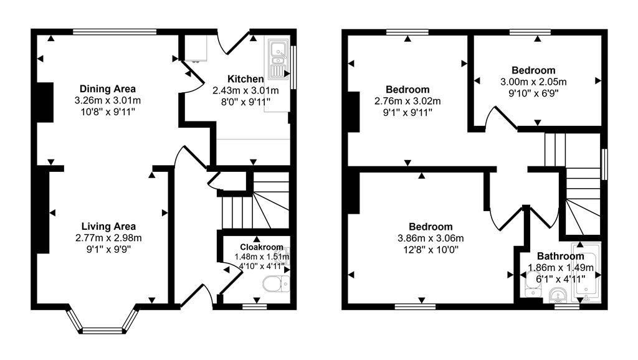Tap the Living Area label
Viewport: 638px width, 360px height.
coord(108,226)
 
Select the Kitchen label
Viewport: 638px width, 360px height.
coord(245,79)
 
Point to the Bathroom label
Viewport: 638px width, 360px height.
coord(561,256)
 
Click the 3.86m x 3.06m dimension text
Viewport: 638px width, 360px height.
coord(431,238)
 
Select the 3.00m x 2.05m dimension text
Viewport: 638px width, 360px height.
coord(533,82)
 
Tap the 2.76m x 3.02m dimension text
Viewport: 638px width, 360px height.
coord(407,101)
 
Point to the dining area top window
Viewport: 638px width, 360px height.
coord(114,31)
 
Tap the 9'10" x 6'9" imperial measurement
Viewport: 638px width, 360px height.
coord(533,93)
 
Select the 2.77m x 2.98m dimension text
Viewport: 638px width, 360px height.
coord(108,237)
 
